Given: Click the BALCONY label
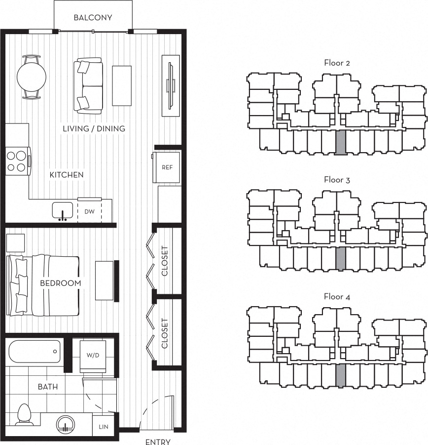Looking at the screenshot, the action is point(93,18).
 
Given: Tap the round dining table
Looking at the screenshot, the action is point(32,77).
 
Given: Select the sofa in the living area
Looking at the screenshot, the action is point(88,86).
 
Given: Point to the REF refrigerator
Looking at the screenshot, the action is point(166,167).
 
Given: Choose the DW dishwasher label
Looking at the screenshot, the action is point(90,211).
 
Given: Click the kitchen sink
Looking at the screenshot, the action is point(62,210).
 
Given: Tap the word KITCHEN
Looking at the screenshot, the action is point(67,175).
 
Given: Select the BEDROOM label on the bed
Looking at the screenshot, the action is point(61,283).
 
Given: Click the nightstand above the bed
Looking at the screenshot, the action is point(15,243).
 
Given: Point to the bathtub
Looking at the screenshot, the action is point(35,351).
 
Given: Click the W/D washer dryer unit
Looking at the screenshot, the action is point(93,357).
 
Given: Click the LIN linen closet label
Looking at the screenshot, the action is point(104,427).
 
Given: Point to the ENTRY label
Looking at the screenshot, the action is point(158,442).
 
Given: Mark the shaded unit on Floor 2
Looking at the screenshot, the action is point(340,143).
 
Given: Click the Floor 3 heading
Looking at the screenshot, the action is point(337,180).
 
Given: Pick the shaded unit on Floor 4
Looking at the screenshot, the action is point(340,375).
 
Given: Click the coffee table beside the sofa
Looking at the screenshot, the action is point(122,86).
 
